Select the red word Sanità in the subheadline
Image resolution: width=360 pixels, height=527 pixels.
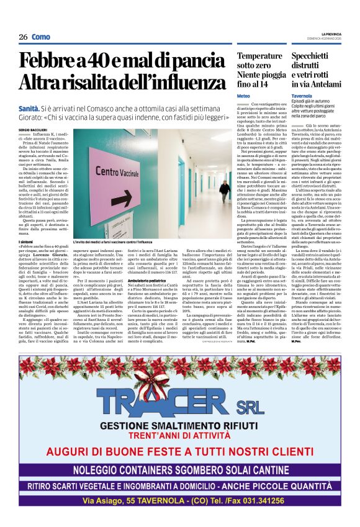tap(29, 108)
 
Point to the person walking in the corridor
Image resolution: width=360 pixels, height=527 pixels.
tap(224, 191)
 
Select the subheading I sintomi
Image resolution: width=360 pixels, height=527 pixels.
tap(26, 241)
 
